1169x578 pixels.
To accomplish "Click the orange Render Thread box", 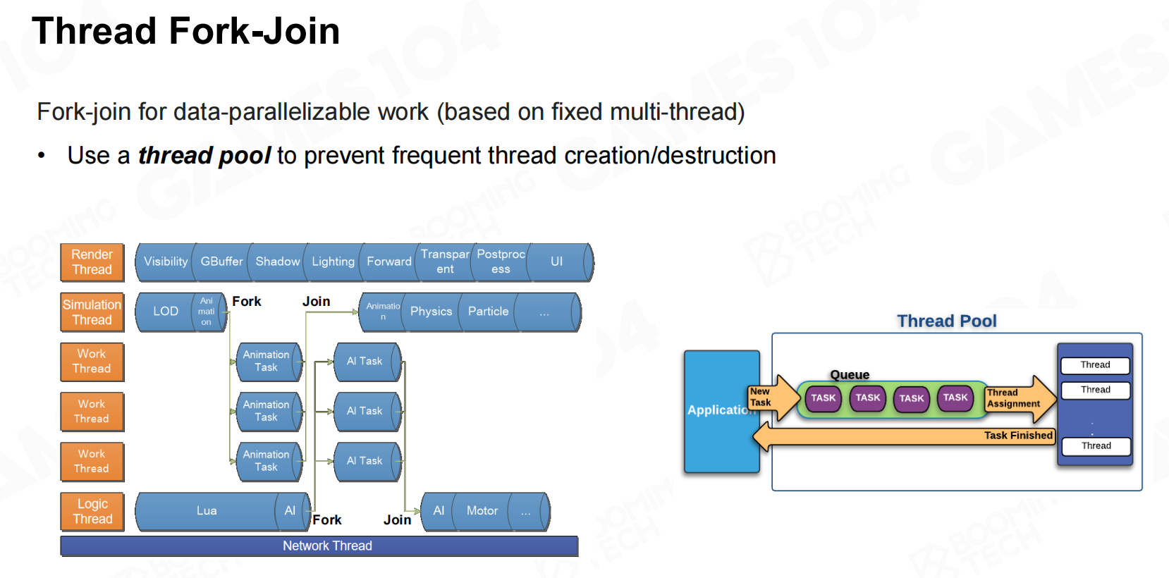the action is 92,262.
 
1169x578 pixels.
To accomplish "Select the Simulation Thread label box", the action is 92,312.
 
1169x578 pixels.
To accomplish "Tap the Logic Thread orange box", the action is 92,511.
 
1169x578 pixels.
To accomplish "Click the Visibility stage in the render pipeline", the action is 166,262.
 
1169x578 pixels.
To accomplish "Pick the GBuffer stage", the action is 222,262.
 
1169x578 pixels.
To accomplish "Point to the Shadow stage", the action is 278,262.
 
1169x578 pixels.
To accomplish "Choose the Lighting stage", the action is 333,262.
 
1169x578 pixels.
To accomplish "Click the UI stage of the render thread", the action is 558,262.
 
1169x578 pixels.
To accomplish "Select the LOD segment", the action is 166,312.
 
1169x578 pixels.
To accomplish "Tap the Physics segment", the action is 431,312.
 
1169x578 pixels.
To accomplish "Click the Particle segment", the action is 489,312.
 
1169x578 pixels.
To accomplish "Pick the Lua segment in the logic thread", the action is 207,511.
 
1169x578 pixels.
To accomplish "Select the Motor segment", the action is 482,511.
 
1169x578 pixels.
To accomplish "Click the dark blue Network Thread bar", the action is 319,546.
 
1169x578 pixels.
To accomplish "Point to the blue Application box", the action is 722,411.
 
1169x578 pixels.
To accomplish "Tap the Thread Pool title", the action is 947,321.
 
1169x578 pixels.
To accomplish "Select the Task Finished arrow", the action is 904,436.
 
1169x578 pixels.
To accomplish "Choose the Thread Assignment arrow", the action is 1020,398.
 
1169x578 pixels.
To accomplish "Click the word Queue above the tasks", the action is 850,374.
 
